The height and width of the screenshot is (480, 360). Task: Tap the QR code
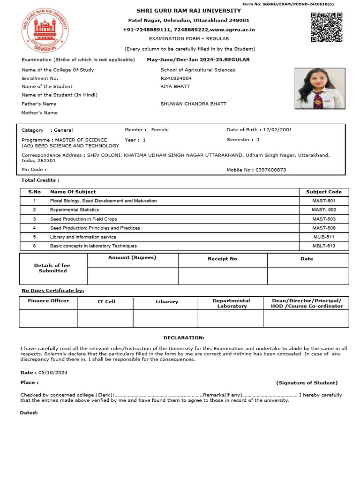[x=326, y=27]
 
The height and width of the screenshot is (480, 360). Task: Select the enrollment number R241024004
[x=176, y=78]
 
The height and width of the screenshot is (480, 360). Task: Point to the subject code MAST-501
[x=323, y=201]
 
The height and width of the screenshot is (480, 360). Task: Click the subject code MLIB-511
[x=323, y=237]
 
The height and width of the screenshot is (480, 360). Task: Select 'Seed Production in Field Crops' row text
[x=83, y=219]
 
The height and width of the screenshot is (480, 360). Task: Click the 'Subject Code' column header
[x=323, y=192]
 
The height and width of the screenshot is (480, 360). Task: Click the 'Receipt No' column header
[x=222, y=259]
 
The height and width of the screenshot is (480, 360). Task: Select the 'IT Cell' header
[x=106, y=301]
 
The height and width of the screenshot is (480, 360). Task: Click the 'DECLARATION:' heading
[x=184, y=337]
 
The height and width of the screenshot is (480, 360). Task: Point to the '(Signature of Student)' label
[x=307, y=383]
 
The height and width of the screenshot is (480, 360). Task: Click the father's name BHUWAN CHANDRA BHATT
[x=193, y=104]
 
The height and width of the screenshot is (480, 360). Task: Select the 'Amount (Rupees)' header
[x=132, y=257]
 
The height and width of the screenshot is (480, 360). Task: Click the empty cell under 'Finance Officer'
[x=48, y=318]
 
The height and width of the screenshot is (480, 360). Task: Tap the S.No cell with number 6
[x=34, y=246]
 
